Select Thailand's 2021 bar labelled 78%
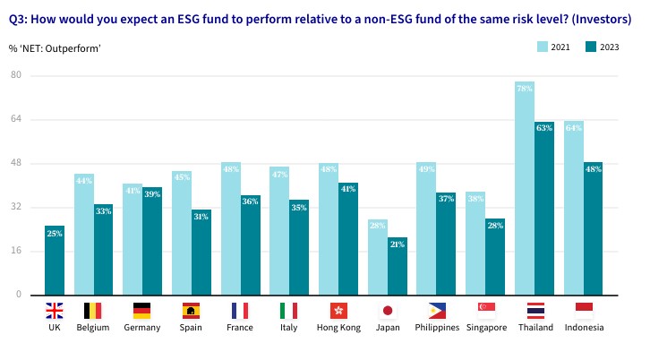click(x=525, y=188)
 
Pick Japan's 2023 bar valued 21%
click(x=397, y=265)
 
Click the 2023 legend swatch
click(x=591, y=47)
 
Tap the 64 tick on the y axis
click(x=16, y=119)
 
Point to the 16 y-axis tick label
click(x=16, y=251)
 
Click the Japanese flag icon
click(x=388, y=311)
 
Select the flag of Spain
click(x=192, y=311)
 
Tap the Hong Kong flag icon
click(x=338, y=311)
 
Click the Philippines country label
click(x=437, y=328)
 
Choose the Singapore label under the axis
click(x=486, y=328)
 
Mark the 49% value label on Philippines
click(x=427, y=168)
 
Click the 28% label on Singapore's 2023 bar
click(x=495, y=226)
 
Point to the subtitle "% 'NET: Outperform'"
click(x=55, y=47)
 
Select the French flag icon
click(x=240, y=311)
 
